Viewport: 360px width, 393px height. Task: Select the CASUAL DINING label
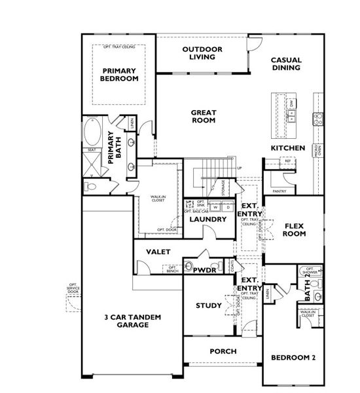click(285, 63)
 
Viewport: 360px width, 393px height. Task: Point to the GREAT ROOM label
click(204, 117)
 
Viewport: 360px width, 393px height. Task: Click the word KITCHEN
click(288, 149)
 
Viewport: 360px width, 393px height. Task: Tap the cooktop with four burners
click(318, 119)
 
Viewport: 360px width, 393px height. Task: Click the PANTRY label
click(280, 192)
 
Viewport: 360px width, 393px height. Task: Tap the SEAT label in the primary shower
click(90, 150)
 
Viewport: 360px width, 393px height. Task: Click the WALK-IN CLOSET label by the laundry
click(158, 198)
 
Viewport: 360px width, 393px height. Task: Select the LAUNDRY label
click(208, 219)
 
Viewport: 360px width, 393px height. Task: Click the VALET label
click(159, 252)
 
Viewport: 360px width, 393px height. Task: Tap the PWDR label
click(204, 269)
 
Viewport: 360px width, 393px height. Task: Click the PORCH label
click(223, 351)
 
